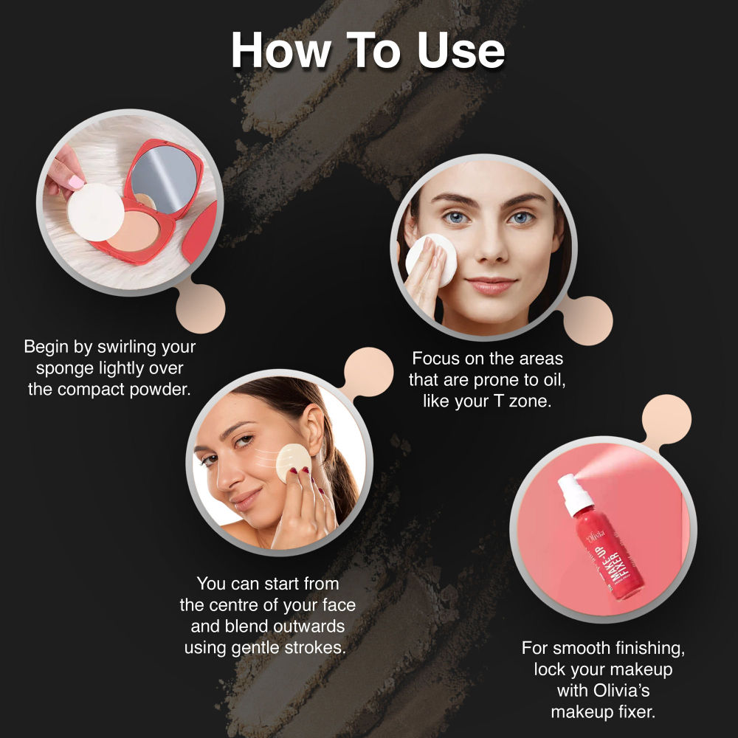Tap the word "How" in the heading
280,52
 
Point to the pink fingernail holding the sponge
75,182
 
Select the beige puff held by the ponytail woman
293,462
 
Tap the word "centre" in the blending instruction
240,605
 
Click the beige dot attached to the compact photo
200,308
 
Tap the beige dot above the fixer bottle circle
666,419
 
